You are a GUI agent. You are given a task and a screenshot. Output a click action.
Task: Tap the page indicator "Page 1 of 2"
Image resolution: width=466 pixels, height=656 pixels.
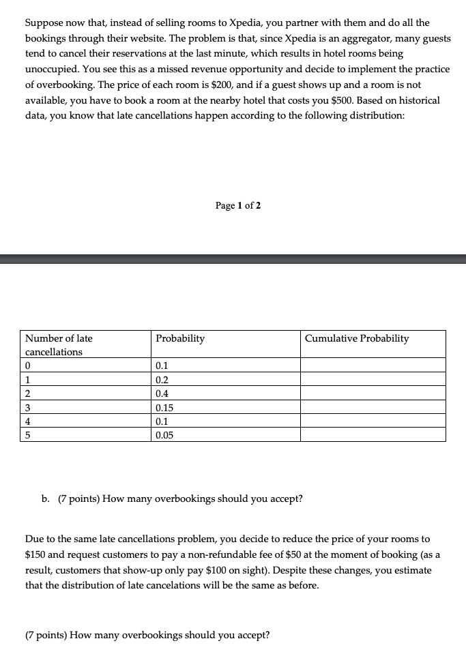click(237, 205)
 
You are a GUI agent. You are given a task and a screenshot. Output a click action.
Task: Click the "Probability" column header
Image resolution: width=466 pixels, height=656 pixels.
click(180, 338)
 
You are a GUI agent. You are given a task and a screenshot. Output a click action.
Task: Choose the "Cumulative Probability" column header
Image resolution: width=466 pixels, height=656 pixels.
click(357, 338)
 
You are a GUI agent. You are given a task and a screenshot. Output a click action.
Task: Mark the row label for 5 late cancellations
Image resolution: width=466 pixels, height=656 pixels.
click(28, 435)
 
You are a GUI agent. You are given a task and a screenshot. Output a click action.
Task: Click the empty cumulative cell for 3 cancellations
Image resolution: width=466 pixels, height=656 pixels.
click(373, 408)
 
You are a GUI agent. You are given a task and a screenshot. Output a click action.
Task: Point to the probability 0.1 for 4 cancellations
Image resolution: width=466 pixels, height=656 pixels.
click(162, 421)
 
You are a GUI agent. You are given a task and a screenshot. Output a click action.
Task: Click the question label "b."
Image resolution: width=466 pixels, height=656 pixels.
click(46, 498)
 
